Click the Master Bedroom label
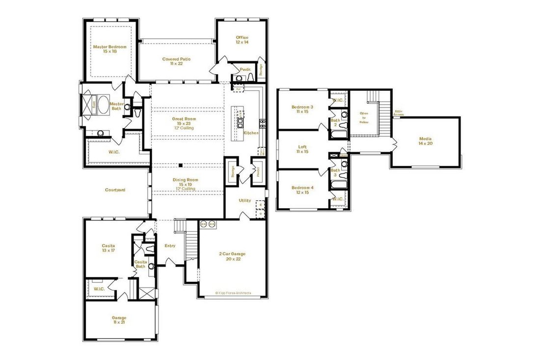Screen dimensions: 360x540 [109, 49]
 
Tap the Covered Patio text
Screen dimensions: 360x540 [176, 61]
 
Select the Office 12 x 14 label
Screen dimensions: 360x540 [242, 40]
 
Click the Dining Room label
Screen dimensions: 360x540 [184, 184]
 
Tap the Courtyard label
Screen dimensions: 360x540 [115, 190]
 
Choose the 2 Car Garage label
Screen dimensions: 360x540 [232, 256]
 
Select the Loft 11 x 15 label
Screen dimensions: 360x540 [302, 149]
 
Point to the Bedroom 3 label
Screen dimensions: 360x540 [302, 110]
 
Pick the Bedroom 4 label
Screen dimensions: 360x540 [302, 190]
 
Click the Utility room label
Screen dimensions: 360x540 [245, 200]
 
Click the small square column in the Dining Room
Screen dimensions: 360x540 [181, 165]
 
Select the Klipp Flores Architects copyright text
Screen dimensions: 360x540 [233, 293]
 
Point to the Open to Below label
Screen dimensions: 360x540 [364, 118]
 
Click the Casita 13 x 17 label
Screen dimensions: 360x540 [108, 248]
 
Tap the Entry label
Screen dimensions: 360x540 [170, 246]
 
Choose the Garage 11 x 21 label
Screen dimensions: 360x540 [119, 320]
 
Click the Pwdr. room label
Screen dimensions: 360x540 [245, 70]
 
